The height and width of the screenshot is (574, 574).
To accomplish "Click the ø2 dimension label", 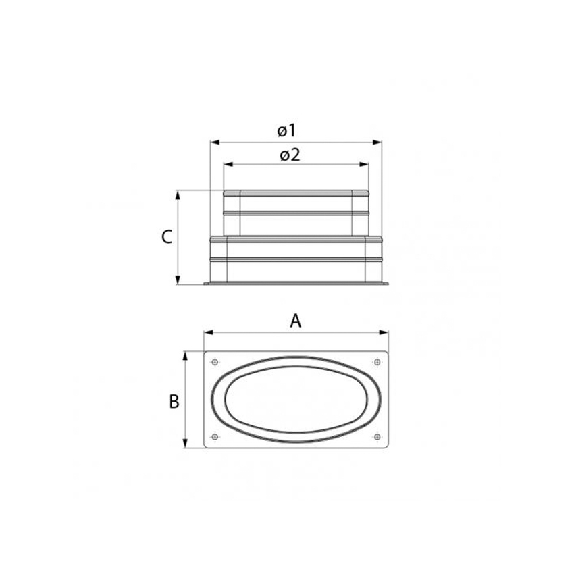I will click(x=289, y=155).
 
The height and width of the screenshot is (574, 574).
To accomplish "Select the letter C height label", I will click(x=167, y=237).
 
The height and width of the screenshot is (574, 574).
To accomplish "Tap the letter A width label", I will click(x=295, y=321).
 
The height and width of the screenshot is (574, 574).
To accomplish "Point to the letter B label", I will click(x=174, y=401).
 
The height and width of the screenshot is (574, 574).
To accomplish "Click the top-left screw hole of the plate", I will click(x=215, y=362).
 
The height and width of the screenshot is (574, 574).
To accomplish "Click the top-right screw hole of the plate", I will click(x=377, y=362).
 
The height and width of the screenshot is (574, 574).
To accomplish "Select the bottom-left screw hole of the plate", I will click(x=215, y=436).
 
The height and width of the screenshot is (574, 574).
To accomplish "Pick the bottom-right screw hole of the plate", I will click(x=377, y=436).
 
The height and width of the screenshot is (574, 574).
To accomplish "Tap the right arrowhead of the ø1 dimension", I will click(x=378, y=142).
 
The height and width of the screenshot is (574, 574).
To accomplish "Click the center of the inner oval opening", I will click(x=296, y=399).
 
